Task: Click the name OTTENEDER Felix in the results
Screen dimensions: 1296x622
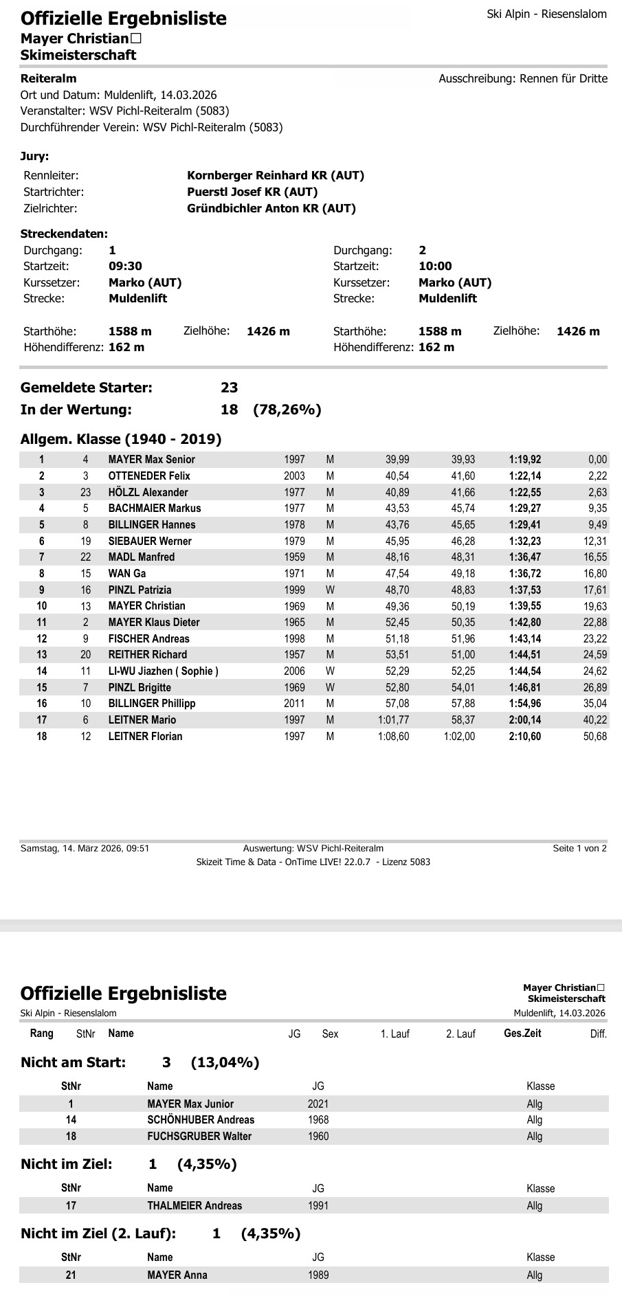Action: tap(149, 476)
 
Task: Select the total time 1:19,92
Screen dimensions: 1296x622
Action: tap(524, 459)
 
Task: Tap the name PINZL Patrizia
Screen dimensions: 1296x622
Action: tap(140, 590)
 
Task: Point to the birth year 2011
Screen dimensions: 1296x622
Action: tap(294, 703)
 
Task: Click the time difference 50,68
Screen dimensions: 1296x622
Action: tap(593, 736)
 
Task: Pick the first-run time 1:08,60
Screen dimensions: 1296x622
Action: tap(393, 736)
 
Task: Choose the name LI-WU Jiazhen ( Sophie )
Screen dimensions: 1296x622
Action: tap(164, 671)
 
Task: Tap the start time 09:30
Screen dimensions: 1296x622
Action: tap(126, 266)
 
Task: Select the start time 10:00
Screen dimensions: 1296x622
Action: tap(435, 266)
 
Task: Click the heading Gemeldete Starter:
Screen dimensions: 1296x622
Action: tap(87, 388)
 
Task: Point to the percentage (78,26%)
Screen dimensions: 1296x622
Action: tap(287, 410)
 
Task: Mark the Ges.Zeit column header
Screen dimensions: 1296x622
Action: tap(522, 1033)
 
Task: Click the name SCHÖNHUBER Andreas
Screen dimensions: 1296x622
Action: tap(201, 1119)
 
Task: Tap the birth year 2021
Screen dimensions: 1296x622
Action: tap(318, 1104)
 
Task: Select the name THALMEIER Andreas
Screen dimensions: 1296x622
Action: tap(195, 1205)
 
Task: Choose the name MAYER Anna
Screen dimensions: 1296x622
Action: tap(177, 1275)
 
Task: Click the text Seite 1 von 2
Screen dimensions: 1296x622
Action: tap(579, 848)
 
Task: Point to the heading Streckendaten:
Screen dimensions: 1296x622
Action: tap(64, 234)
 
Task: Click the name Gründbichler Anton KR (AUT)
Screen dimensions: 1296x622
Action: tap(271, 208)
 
